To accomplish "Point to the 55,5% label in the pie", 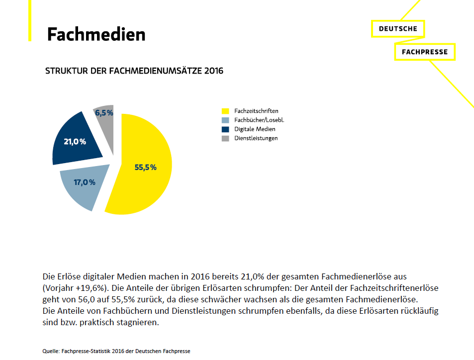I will pyautogui.click(x=145, y=168).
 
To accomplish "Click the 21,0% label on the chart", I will pyautogui.click(x=75, y=142).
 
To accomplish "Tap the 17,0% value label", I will pyautogui.click(x=84, y=182).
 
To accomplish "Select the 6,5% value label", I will pyautogui.click(x=104, y=113).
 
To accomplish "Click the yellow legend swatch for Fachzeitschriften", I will pyautogui.click(x=225, y=111).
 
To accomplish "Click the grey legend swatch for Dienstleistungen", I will pyautogui.click(x=225, y=138).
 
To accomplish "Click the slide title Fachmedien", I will pyautogui.click(x=96, y=35).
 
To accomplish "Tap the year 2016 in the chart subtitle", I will pyautogui.click(x=214, y=71).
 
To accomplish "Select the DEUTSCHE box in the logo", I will pyautogui.click(x=398, y=29).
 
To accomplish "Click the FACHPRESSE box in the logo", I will pyautogui.click(x=424, y=52).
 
